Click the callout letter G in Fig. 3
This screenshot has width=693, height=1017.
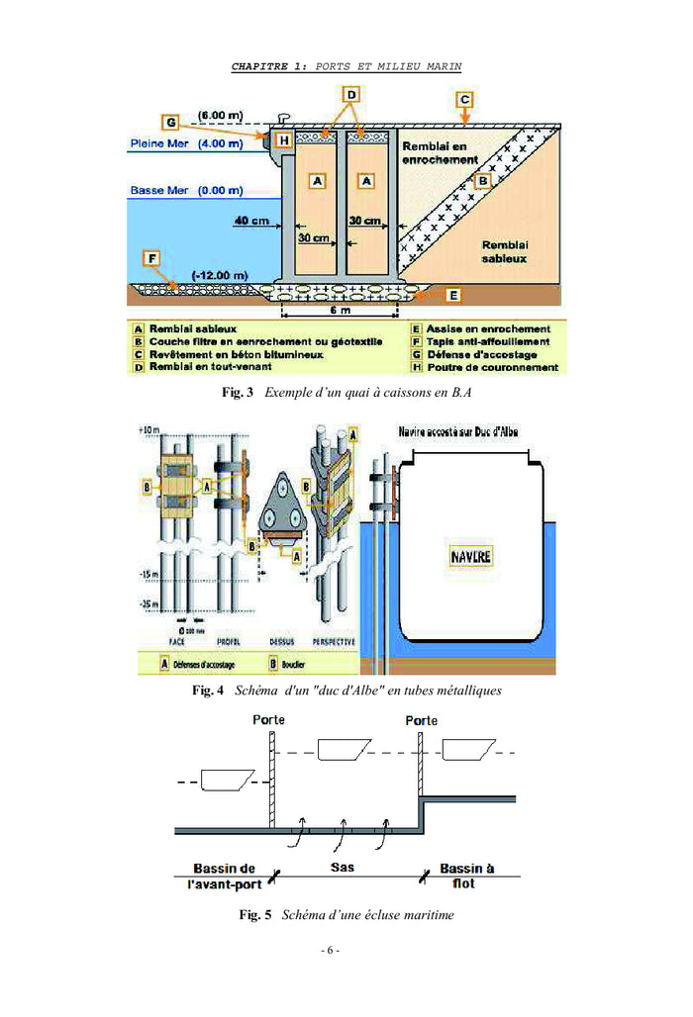click(x=170, y=123)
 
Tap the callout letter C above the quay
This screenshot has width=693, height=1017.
click(x=463, y=99)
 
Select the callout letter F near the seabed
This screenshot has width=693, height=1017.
click(x=151, y=259)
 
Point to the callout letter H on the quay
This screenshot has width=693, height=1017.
click(x=284, y=141)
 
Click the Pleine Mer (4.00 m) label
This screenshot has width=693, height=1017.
click(x=185, y=143)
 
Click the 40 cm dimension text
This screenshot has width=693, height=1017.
click(x=252, y=221)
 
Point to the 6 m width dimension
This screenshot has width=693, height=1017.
click(x=339, y=311)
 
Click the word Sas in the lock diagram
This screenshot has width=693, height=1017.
click(x=342, y=867)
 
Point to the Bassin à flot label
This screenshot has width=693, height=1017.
click(x=467, y=875)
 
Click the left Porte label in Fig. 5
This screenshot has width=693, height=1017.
click(x=268, y=719)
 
